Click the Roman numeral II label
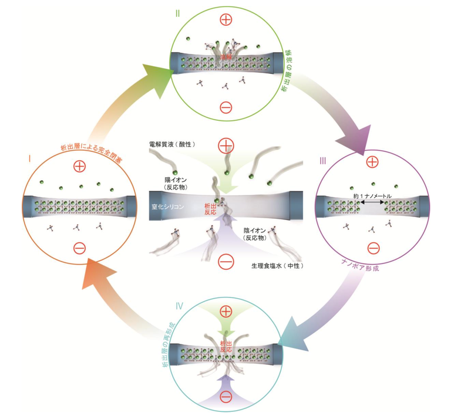(x=178, y=12)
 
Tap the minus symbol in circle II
(x=226, y=107)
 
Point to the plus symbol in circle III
(x=371, y=162)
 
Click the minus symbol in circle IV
(x=226, y=399)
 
